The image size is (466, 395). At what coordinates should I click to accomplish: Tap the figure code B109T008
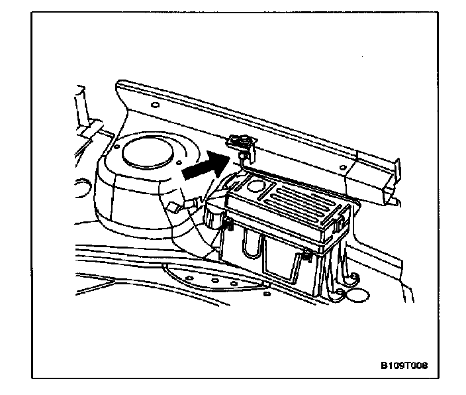click(x=404, y=365)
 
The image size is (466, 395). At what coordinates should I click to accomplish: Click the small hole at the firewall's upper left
click(x=154, y=105)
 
